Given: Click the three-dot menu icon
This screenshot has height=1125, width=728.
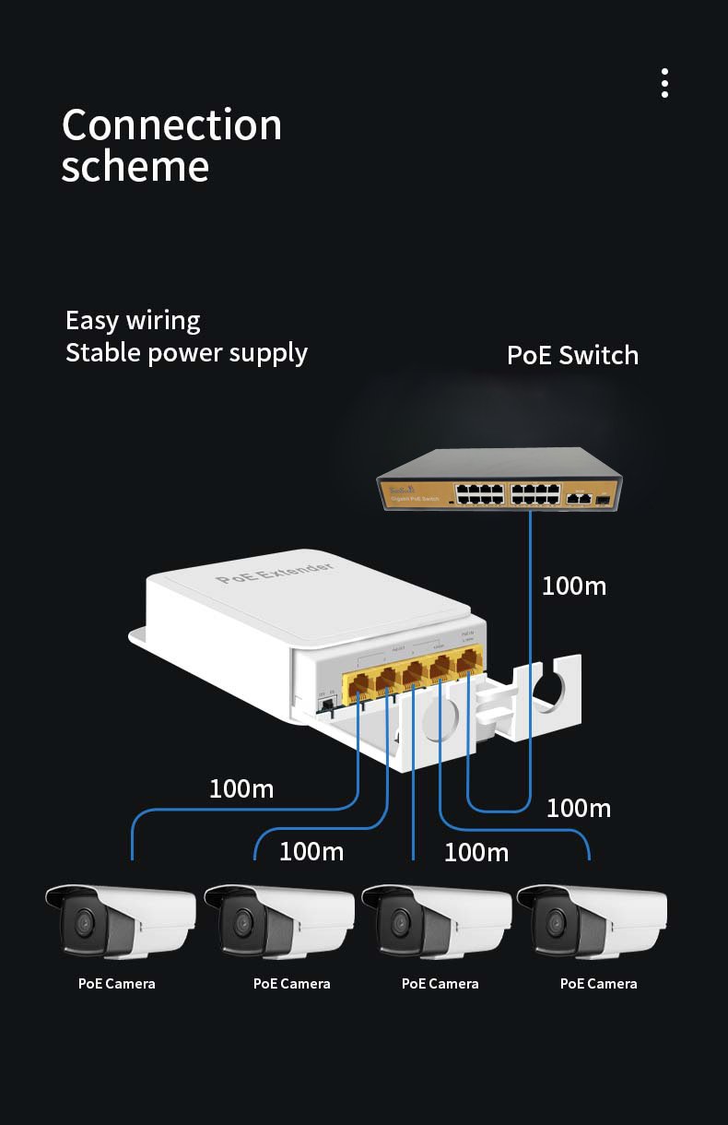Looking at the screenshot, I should click(664, 83).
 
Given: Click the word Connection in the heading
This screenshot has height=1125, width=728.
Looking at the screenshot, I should click(171, 125).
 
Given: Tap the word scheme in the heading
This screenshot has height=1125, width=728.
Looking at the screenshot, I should click(135, 167).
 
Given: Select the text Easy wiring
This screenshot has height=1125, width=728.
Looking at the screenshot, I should click(133, 321).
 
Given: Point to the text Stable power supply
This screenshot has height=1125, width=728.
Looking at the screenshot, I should click(186, 353).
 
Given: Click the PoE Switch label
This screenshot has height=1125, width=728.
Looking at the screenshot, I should click(572, 355).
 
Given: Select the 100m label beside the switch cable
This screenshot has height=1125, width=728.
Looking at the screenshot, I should click(573, 586).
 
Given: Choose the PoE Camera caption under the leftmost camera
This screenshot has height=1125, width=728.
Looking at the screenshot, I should click(116, 984).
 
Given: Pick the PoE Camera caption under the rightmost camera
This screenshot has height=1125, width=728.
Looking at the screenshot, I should click(598, 984).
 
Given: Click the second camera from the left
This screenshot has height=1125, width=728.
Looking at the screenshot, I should click(278, 919).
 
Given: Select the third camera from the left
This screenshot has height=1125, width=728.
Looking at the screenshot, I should click(436, 919).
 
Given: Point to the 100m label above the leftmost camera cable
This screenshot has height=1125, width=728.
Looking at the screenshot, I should click(241, 789).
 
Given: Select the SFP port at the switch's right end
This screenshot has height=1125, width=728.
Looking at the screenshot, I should click(603, 498).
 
